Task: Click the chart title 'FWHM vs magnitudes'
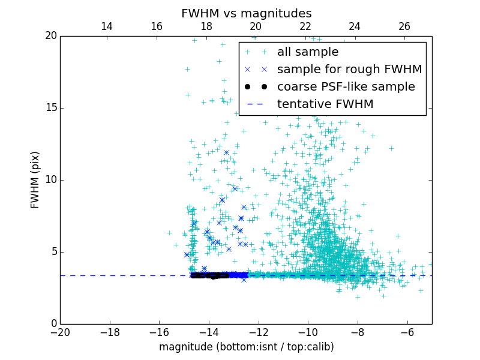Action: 246,14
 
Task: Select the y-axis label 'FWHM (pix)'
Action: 35,179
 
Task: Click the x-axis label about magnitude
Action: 246,347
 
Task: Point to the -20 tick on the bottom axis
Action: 60,332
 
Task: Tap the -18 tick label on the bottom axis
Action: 110,332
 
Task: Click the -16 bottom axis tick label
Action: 159,332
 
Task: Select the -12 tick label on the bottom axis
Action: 259,332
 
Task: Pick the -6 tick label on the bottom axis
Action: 407,332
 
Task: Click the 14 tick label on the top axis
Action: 107,26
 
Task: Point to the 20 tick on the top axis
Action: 256,26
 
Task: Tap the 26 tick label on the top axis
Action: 404,26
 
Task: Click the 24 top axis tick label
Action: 355,26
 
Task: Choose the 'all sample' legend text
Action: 308,52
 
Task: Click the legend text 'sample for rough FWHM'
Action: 349,70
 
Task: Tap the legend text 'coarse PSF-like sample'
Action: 346,87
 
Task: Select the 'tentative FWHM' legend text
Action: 325,104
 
